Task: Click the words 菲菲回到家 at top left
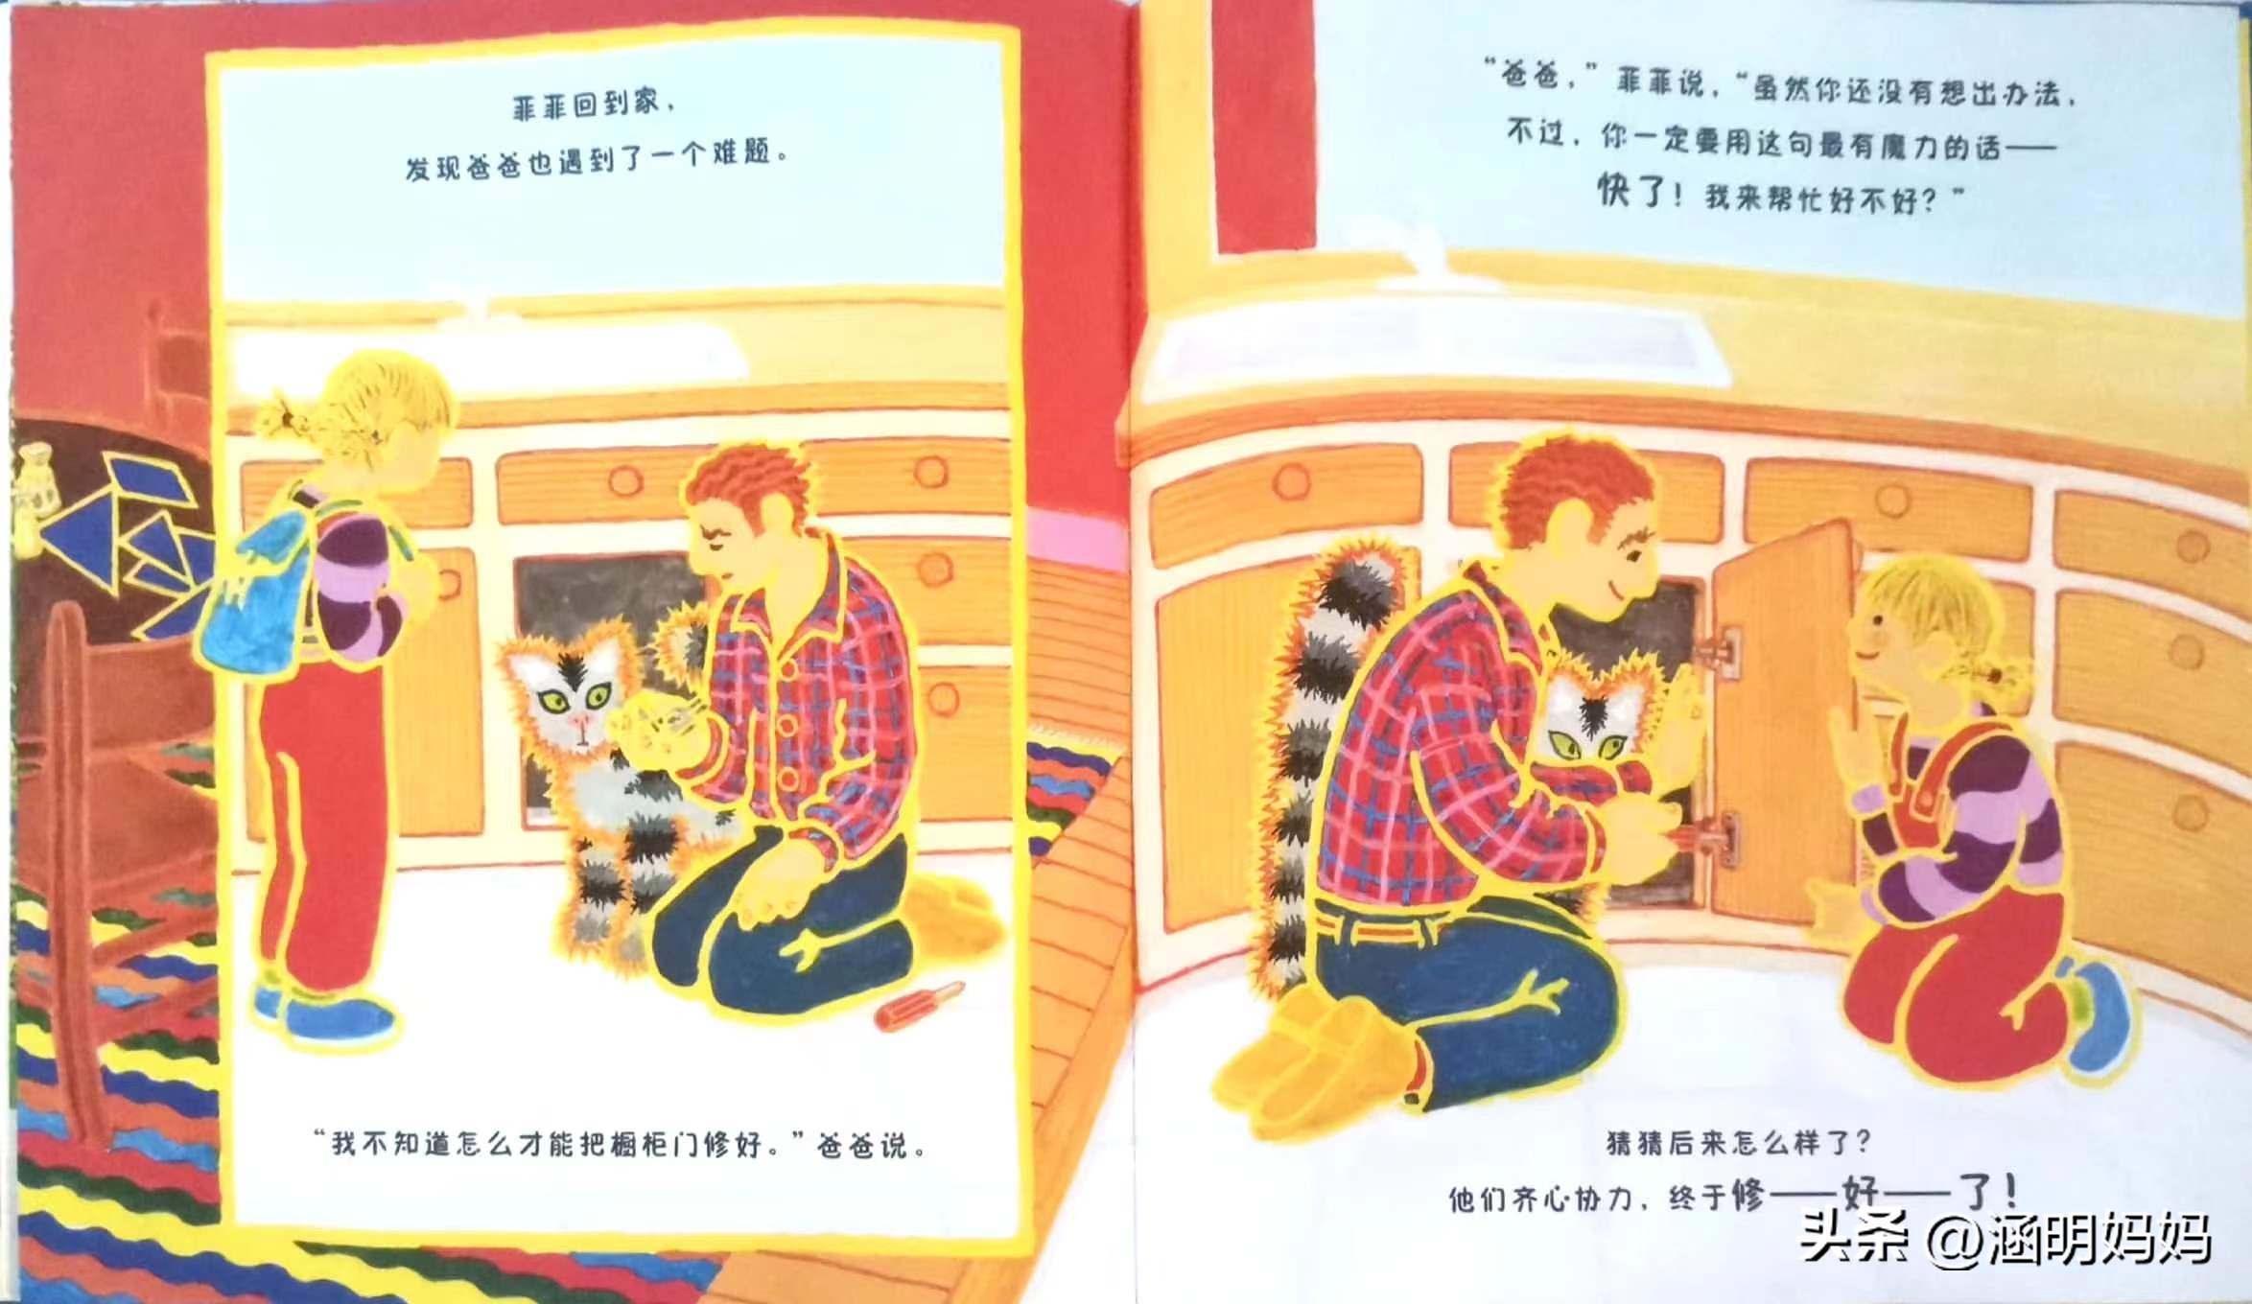tap(586, 104)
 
